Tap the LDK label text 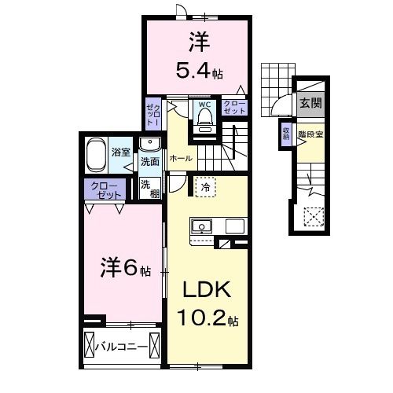(x=208, y=291)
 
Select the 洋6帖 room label (x=118, y=269)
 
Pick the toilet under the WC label (x=205, y=119)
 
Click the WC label (x=204, y=104)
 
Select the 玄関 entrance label (x=307, y=102)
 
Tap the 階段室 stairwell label (x=310, y=134)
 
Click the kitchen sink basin (x=202, y=226)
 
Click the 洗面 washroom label (x=149, y=161)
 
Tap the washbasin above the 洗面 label (x=149, y=144)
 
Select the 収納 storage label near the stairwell (x=285, y=133)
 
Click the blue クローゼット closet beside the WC (x=233, y=108)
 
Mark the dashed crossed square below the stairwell (x=314, y=215)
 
